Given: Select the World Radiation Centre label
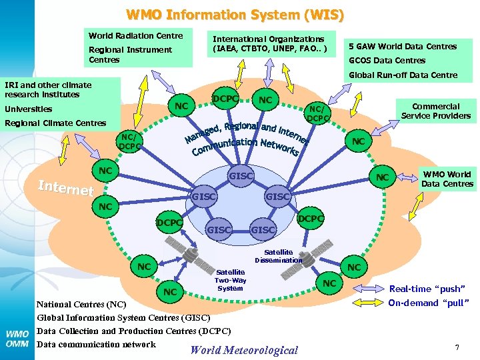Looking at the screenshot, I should pyautogui.click(x=135, y=35).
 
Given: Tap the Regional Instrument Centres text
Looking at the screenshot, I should pyautogui.click(x=130, y=55).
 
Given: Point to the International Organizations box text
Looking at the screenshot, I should pyautogui.click(x=269, y=44).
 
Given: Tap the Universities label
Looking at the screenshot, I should pyautogui.click(x=28, y=109).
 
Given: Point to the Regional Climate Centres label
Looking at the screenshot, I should pyautogui.click(x=55, y=123).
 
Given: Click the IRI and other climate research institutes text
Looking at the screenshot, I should pyautogui.click(x=48, y=89).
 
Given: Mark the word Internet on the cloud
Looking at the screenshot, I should pyautogui.click(x=65, y=188).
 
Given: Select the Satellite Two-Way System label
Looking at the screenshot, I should pyautogui.click(x=231, y=280).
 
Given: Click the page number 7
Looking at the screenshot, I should pyautogui.click(x=457, y=347).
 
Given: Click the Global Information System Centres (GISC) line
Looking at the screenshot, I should pyautogui.click(x=123, y=318).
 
